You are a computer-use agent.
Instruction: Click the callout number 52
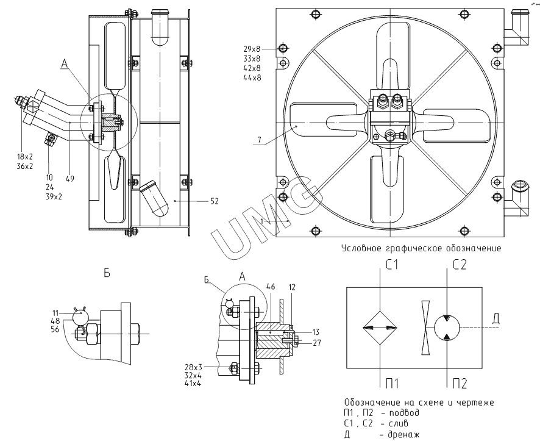pos(213,201)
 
